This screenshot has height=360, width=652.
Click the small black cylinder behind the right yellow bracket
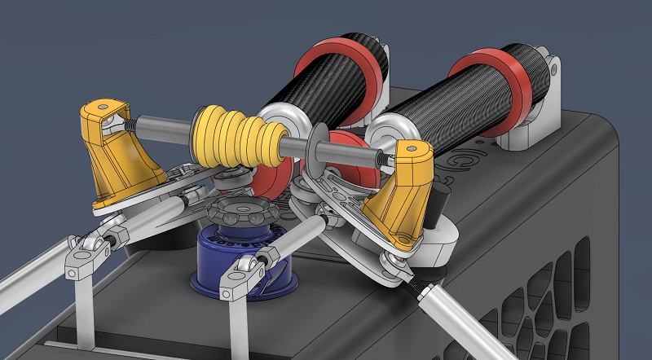point(439,199)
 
